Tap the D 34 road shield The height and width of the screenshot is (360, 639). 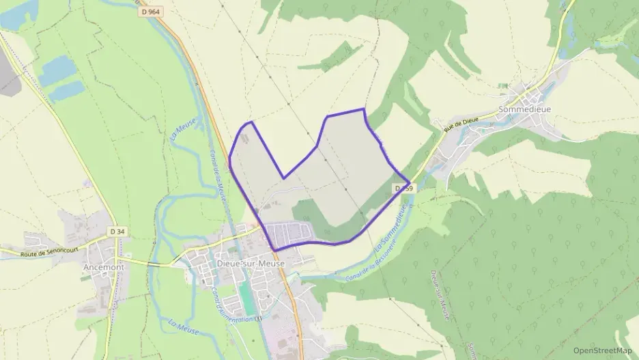[117, 232]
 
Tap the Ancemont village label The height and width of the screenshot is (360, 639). [103, 267]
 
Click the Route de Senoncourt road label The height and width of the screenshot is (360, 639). [47, 253]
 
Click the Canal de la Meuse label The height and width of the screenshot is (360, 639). [218, 175]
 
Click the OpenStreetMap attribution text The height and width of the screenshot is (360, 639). [602, 350]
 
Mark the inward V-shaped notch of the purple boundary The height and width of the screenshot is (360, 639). [284, 178]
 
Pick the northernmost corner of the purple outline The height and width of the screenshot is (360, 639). [363, 109]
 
